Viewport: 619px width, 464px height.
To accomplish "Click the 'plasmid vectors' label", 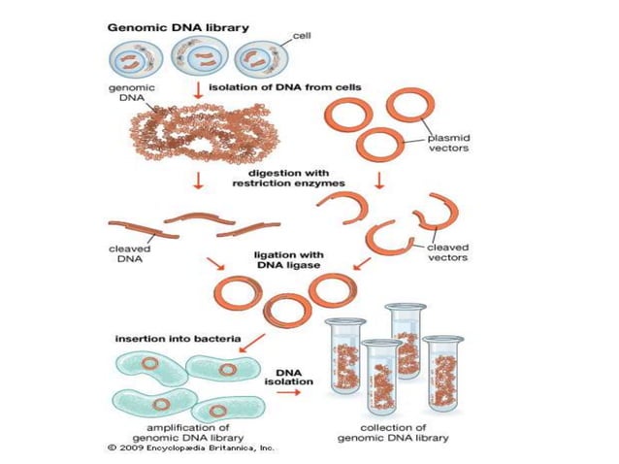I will [x=452, y=144].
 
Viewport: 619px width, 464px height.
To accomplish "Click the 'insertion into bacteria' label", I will [x=171, y=339].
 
